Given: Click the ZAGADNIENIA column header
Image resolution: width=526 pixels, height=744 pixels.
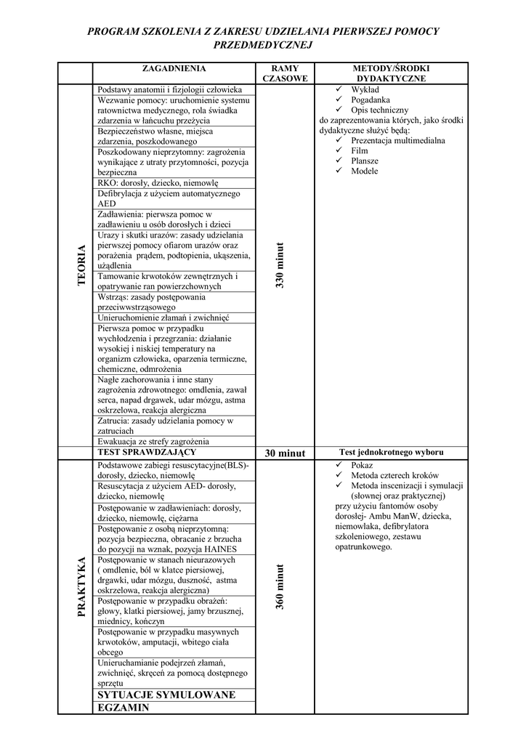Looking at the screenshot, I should (174, 68).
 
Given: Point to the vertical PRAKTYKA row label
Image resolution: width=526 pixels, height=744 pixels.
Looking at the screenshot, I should (81, 587).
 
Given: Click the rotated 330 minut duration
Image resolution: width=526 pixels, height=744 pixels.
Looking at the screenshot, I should (280, 266).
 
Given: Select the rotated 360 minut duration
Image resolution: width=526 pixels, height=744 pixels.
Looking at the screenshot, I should (280, 586).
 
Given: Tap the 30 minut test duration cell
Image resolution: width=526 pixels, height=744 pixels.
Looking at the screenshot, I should (284, 453).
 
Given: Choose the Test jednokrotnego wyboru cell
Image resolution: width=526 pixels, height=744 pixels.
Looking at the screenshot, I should (392, 452).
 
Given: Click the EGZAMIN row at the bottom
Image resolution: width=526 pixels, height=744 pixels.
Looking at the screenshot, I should (123, 708).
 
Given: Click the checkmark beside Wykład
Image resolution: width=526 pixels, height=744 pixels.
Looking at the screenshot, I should (338, 89).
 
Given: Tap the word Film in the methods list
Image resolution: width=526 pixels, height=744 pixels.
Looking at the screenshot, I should (360, 150).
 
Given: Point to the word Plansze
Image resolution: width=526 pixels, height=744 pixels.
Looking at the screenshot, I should (365, 161).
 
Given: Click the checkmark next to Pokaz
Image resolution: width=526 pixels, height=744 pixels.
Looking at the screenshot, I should (338, 464).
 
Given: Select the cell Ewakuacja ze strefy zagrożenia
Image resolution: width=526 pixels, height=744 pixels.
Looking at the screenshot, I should (153, 440).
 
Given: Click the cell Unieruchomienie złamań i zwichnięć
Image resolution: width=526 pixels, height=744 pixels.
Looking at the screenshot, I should (163, 318).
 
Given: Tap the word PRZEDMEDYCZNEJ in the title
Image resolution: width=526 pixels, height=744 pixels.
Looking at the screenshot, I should (262, 44).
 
